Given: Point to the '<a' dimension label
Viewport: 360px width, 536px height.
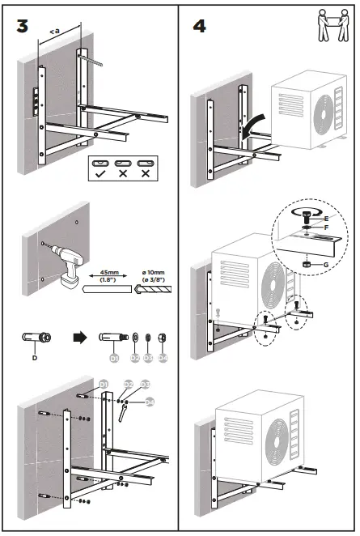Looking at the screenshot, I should tap(54, 31).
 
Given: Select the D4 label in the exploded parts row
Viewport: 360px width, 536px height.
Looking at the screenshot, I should tap(162, 355).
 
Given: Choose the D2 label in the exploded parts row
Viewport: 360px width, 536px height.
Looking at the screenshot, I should tap(132, 355).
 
